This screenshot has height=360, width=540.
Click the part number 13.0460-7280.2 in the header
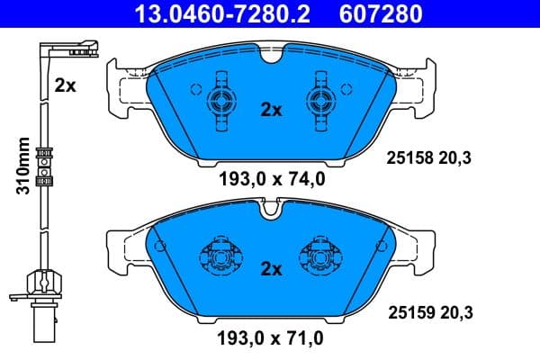pyautogui.click(x=216, y=13)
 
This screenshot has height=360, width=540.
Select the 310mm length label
pyautogui.click(x=24, y=166)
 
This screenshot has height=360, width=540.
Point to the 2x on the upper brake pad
pyautogui.click(x=270, y=110)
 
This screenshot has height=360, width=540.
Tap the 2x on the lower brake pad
pyautogui.click(x=270, y=268)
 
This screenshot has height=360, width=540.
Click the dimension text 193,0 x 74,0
pyautogui.click(x=271, y=178)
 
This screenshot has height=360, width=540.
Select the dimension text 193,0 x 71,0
pyautogui.click(x=271, y=338)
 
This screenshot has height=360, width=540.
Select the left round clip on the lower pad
pyautogui.click(x=220, y=257)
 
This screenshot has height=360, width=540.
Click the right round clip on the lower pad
pyautogui.click(x=321, y=257)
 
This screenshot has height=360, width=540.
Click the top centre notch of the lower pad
pyautogui.click(x=271, y=212)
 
